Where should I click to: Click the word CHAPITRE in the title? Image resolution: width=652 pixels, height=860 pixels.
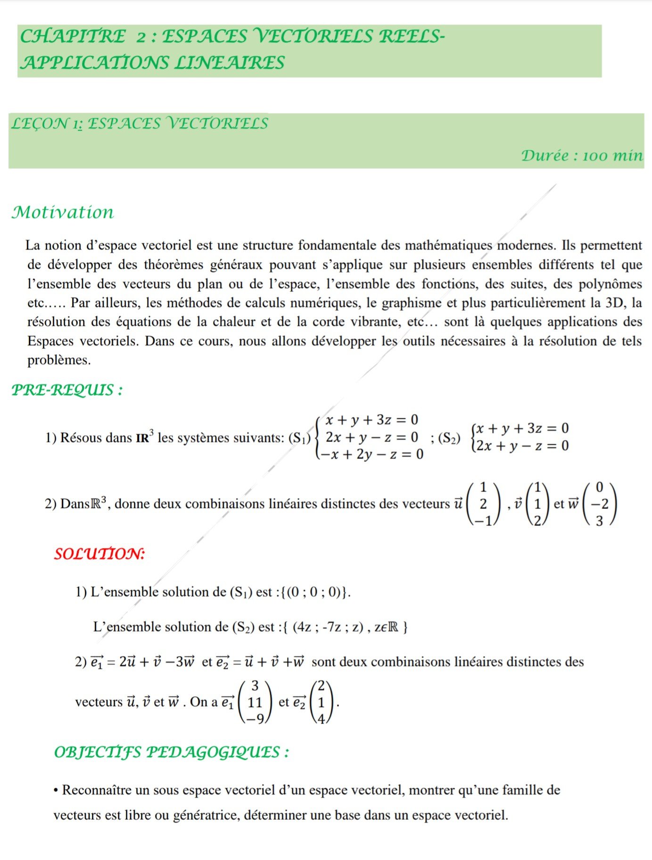click(73, 36)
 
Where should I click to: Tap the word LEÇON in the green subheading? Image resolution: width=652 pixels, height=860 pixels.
click(40, 124)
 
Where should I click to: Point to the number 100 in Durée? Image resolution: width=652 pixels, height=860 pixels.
click(596, 156)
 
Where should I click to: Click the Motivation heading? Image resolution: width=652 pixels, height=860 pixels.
click(63, 212)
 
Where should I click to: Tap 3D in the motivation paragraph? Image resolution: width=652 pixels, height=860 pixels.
click(615, 303)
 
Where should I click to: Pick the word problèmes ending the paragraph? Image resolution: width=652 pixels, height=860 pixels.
click(58, 360)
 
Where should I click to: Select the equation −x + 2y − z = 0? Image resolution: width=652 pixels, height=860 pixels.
click(371, 455)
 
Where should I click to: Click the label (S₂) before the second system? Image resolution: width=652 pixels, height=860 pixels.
click(449, 438)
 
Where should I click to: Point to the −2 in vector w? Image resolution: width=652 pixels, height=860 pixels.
click(599, 504)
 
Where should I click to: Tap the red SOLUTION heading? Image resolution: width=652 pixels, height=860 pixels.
click(99, 554)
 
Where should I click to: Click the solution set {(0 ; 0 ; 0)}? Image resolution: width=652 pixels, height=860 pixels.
click(315, 592)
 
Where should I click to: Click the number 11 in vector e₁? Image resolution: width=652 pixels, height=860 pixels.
click(255, 703)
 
